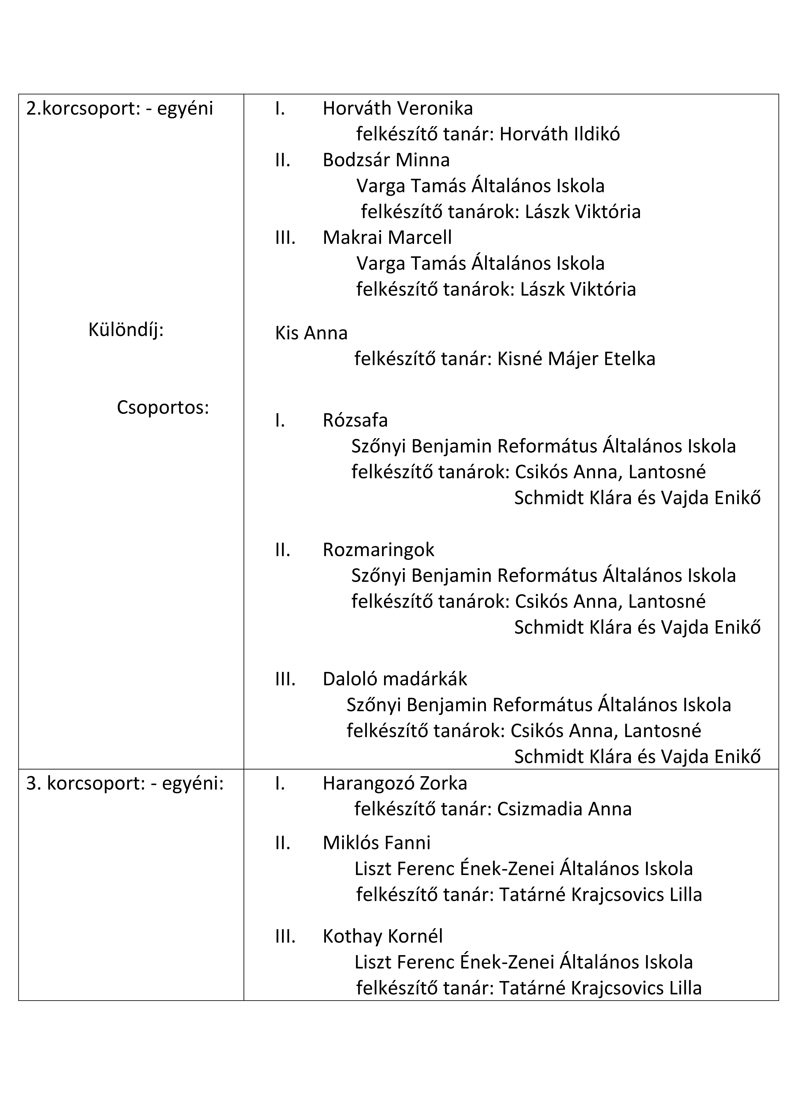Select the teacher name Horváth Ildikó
(x=559, y=134)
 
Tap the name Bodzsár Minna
(x=386, y=160)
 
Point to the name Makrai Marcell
(x=387, y=237)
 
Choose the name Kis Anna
(x=311, y=333)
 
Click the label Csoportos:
(x=163, y=407)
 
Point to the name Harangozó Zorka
(x=394, y=783)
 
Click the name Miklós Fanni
(x=376, y=843)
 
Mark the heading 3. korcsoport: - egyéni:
(x=125, y=783)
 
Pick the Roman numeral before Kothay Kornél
(x=285, y=936)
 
